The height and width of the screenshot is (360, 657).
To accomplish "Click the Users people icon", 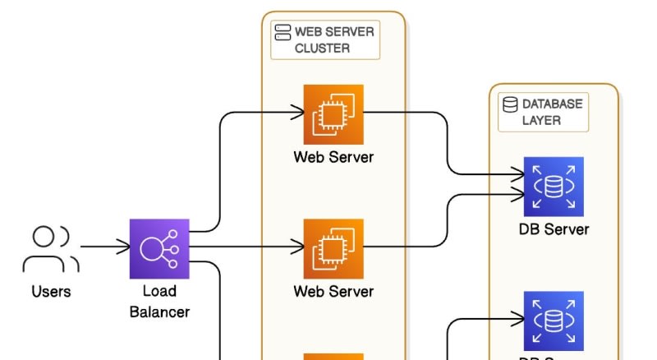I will [x=50, y=249].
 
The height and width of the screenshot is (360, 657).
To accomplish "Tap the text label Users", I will [x=51, y=291].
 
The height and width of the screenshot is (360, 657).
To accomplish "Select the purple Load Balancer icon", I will [x=159, y=248].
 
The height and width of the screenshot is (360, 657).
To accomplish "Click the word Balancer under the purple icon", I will [x=159, y=312].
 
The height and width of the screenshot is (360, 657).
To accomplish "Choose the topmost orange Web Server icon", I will [x=333, y=113].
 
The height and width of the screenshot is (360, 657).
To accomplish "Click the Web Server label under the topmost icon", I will [x=333, y=156].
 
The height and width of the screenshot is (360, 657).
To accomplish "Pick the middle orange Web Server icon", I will [x=333, y=248].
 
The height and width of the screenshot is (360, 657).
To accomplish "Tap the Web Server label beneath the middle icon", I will [x=333, y=291].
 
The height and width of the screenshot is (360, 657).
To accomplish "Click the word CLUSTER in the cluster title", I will [x=323, y=48].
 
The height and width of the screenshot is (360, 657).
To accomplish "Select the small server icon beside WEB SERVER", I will [x=283, y=32].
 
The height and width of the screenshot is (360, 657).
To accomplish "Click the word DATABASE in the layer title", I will [x=553, y=104].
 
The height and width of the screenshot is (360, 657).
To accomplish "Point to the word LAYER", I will [x=542, y=120].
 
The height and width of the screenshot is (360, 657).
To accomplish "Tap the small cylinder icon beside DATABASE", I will [x=510, y=104].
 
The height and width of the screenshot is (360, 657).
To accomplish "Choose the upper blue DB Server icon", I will [x=554, y=187].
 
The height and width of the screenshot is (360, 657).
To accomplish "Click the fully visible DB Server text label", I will [x=554, y=228].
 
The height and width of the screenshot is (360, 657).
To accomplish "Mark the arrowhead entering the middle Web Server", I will [x=297, y=246].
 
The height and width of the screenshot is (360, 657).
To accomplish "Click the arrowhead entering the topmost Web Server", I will [x=297, y=111].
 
